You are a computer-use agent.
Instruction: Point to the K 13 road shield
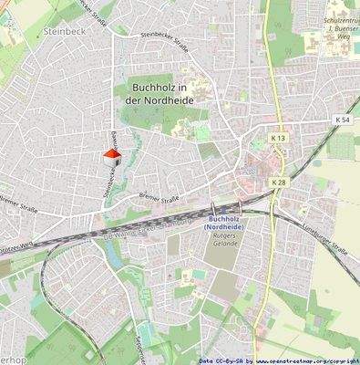278,138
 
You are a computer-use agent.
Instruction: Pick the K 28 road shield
278,182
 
